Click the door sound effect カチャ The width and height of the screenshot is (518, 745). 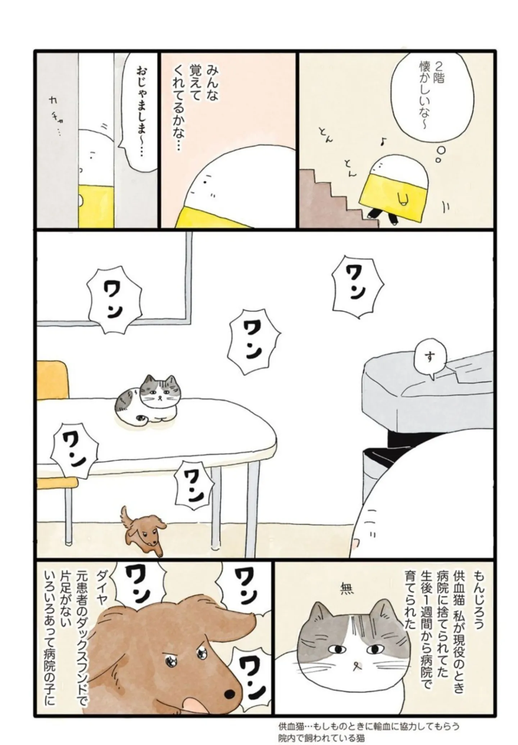tap(56, 115)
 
